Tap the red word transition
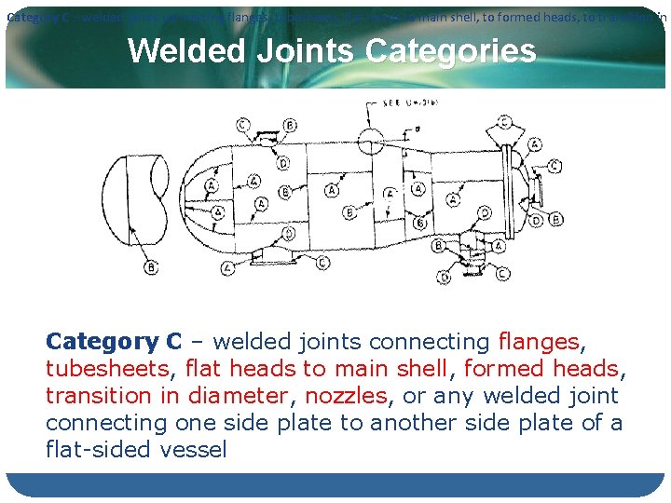pos(102,396)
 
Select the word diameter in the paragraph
pos(238,396)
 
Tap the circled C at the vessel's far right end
pos(555,167)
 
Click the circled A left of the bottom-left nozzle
pos(227,268)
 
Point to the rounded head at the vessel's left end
pos(200,196)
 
